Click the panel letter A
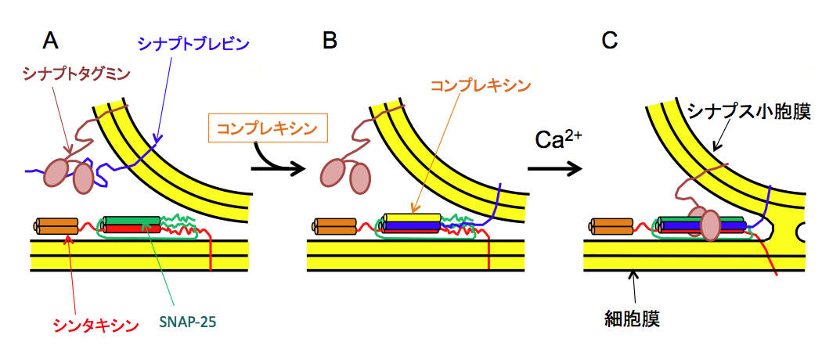click(52, 40)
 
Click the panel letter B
click(330, 40)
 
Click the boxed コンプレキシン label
click(266, 127)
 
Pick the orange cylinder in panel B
click(336, 226)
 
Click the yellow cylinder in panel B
click(412, 218)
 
